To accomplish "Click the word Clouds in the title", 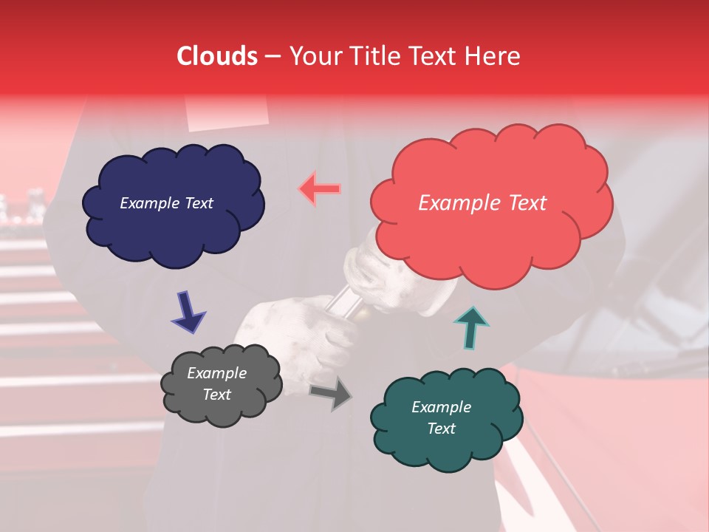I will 217,56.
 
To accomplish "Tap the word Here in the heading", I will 494,56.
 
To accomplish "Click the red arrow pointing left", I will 320,189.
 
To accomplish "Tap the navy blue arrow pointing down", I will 188,312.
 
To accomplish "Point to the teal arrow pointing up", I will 470,327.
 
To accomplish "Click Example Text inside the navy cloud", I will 166,203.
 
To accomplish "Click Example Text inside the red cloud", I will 482,203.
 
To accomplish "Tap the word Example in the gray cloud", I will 216,373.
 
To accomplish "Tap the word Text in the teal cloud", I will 441,429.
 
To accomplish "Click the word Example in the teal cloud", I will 441,407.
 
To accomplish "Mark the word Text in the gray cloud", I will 216,395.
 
